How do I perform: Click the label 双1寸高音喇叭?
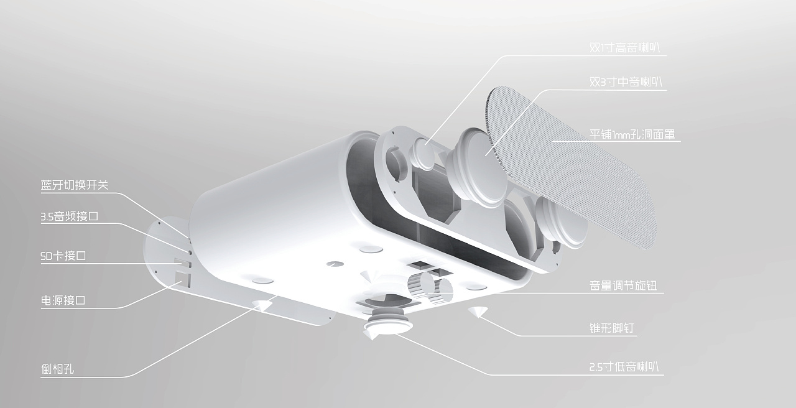point(629,48)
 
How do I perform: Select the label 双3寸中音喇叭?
point(629,82)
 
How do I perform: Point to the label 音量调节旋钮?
point(622,286)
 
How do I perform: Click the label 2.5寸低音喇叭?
point(626,367)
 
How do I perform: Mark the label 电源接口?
point(62,300)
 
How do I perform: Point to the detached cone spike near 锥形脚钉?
point(478,312)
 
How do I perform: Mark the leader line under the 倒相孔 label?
point(87,376)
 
